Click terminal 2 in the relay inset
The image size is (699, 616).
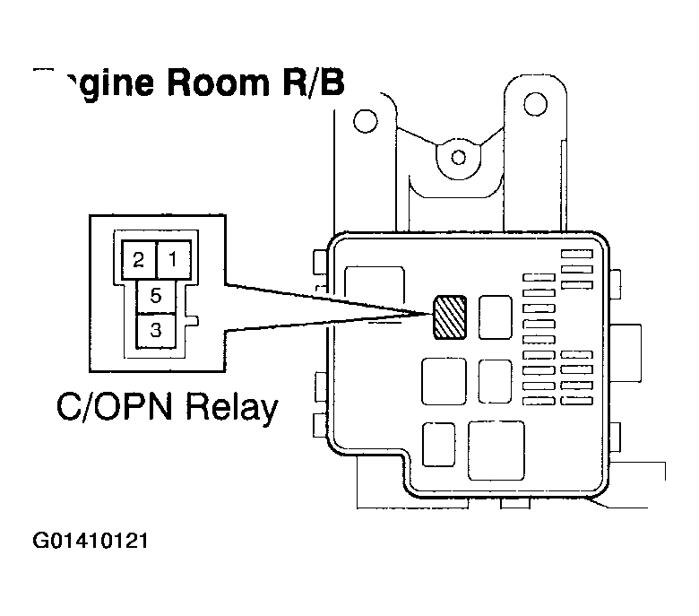click(x=138, y=261)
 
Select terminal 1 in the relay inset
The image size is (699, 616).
click(x=174, y=261)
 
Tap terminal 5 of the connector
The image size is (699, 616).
click(x=156, y=295)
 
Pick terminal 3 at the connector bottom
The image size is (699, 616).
click(x=156, y=330)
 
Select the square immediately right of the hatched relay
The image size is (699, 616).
click(x=495, y=317)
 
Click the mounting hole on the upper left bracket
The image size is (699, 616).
click(x=363, y=119)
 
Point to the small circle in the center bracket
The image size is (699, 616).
click(x=459, y=158)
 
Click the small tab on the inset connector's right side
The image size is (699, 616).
click(x=193, y=320)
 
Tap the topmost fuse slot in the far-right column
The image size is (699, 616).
click(x=577, y=255)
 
